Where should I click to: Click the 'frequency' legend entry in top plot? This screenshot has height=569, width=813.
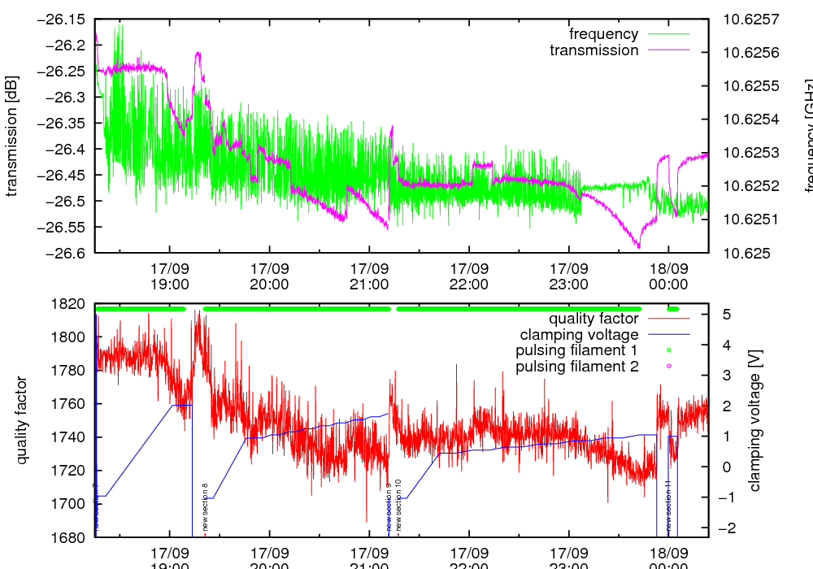[x=603, y=34]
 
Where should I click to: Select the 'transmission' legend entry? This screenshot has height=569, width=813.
[x=594, y=50]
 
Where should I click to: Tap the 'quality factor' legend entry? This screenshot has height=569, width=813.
[x=592, y=318]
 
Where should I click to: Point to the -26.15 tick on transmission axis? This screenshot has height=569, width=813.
[x=62, y=19]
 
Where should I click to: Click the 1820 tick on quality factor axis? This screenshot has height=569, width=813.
[x=72, y=304]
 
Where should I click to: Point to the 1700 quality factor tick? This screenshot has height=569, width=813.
[x=72, y=504]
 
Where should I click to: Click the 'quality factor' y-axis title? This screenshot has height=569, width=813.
[x=22, y=420]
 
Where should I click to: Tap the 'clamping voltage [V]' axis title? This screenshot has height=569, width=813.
[x=754, y=420]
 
